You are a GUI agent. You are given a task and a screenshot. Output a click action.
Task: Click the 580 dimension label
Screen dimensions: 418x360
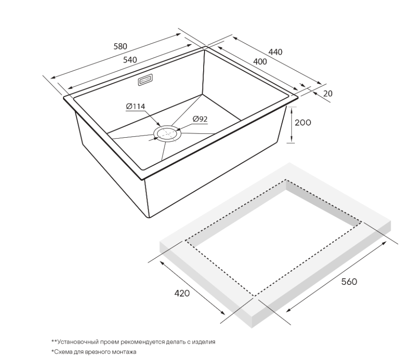[120, 46]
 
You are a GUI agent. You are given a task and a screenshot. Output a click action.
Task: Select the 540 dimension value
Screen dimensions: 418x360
[130, 60]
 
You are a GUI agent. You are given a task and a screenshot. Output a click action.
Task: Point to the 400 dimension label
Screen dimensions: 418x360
[260, 61]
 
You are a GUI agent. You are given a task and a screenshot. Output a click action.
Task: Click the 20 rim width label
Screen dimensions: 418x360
[328, 94]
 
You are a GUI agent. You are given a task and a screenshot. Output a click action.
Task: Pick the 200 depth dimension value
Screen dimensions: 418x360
[302, 122]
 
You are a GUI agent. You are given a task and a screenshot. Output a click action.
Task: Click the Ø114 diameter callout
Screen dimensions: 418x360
[135, 107]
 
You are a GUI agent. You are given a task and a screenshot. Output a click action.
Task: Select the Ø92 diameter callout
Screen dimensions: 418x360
[200, 119]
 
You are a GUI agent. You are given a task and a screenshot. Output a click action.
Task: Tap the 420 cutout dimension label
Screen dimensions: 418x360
[182, 293]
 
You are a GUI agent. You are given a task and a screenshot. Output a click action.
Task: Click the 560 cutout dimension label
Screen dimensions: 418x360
[349, 282]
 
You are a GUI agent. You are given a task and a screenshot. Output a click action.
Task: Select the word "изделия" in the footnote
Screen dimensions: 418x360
[205, 342]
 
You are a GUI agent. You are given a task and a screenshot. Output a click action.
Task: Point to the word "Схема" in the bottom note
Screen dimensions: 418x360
[62, 352]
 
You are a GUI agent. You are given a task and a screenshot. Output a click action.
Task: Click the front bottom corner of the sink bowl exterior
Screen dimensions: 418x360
[148, 217]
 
